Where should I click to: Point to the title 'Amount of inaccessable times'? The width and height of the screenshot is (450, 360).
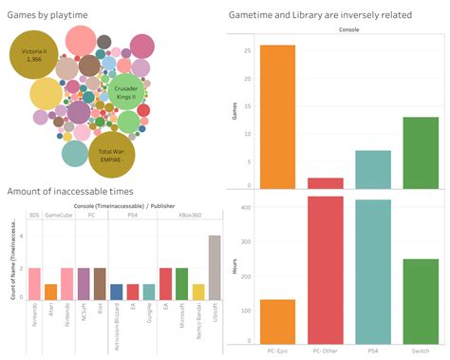pos(65,193)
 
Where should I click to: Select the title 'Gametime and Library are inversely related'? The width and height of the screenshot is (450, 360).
pos(322,14)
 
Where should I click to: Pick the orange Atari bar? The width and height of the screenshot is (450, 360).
pos(50,292)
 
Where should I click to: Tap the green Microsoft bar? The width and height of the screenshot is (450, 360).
pos(181,284)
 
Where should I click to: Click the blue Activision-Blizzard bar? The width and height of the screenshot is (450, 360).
pos(116,292)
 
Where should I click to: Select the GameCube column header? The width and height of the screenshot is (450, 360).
pos(59,217)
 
